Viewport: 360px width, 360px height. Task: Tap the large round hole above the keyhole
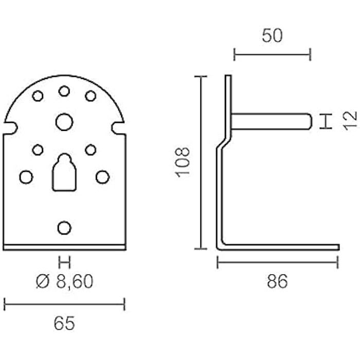64,122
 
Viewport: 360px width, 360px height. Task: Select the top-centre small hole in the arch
64,91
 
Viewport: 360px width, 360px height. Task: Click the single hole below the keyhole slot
64,227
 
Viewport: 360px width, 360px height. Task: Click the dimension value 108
183,161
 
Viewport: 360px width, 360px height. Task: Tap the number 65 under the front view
64,323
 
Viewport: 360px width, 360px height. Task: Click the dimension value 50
273,35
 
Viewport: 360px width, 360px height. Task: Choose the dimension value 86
277,281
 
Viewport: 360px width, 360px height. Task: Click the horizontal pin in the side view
271,121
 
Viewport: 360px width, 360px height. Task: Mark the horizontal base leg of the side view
280,247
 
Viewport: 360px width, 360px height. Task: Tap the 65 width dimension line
64,304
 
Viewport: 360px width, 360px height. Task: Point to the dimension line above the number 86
277,262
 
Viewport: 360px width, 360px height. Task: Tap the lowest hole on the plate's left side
26,177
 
